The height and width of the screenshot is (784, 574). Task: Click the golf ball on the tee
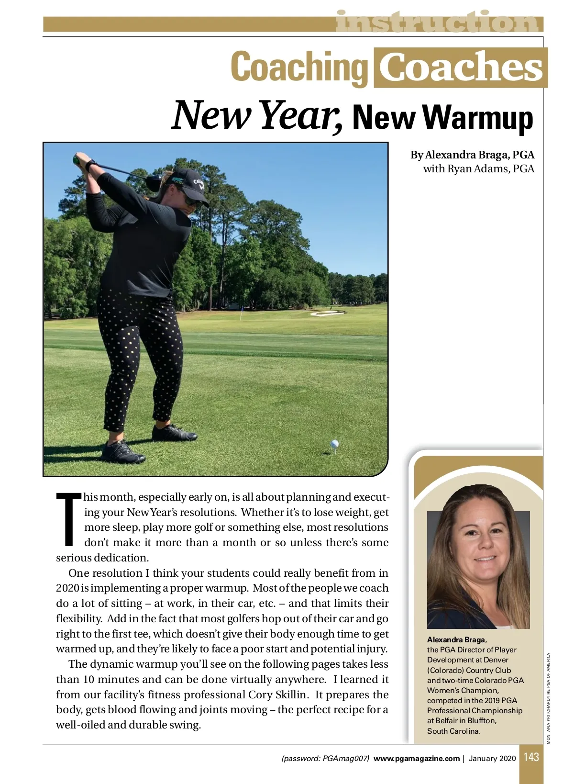334,445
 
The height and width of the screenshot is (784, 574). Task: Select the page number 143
531,757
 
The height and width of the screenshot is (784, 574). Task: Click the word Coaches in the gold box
461,67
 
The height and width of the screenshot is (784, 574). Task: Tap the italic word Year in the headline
301,115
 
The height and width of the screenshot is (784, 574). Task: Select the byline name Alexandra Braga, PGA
472,155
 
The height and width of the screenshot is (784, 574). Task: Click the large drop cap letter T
69,519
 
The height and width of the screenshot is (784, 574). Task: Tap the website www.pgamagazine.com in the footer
416,758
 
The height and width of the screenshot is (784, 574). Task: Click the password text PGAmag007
345,758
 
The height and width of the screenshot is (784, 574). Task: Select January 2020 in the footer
492,758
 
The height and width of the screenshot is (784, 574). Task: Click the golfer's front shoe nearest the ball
174,433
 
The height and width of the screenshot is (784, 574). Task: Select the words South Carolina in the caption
453,731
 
